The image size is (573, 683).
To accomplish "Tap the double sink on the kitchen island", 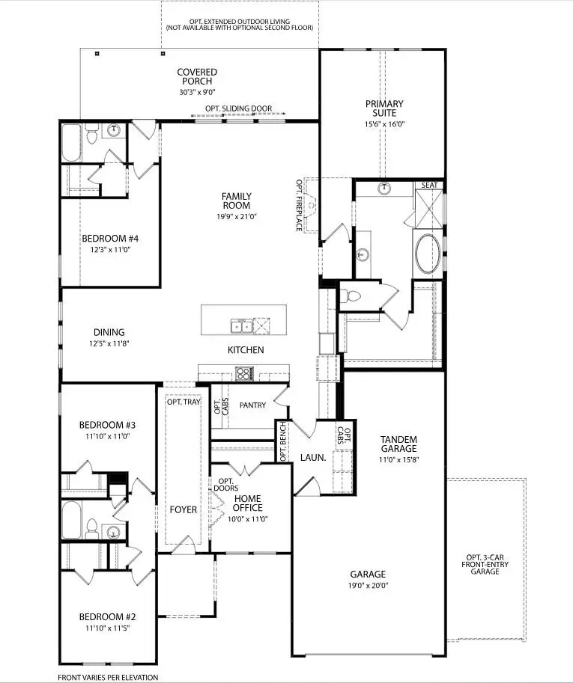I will [241, 326].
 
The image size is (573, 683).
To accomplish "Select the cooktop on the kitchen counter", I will [245, 373].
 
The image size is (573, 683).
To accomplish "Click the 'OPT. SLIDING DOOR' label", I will [239, 108].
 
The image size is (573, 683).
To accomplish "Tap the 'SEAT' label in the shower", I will [430, 185].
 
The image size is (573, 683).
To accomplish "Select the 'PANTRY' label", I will [252, 405].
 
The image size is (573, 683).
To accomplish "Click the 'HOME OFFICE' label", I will [247, 503].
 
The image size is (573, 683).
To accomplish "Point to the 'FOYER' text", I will [183, 509].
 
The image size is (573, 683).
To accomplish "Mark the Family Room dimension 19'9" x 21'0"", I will [236, 217].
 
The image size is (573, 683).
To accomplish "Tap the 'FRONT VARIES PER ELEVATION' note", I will [108, 677].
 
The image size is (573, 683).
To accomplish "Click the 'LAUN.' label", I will [312, 457].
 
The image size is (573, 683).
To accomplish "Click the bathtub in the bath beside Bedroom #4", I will [70, 143].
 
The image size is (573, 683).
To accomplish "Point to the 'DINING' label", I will [109, 332].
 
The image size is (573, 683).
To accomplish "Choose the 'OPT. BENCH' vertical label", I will [282, 441].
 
